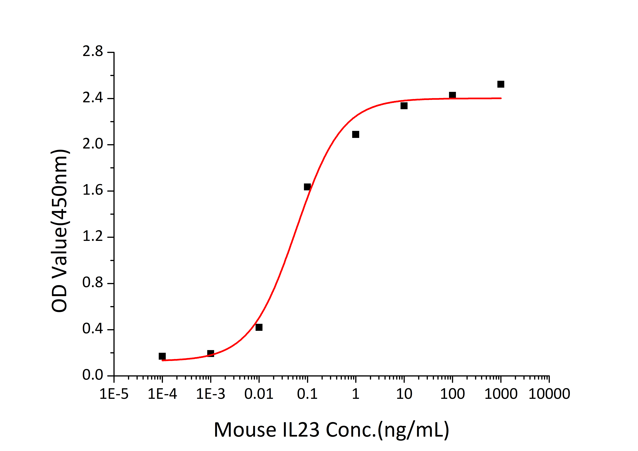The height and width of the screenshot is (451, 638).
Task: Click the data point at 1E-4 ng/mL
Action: tap(162, 356)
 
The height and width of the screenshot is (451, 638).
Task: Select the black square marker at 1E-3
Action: tap(211, 353)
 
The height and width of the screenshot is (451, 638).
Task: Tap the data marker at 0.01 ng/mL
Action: tap(259, 327)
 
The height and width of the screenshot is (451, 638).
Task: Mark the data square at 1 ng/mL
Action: tap(356, 134)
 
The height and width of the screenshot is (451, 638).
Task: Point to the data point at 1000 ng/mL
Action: tap(501, 84)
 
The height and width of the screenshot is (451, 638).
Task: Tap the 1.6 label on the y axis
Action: tap(93, 191)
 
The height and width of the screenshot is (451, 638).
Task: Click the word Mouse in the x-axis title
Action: tap(244, 430)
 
